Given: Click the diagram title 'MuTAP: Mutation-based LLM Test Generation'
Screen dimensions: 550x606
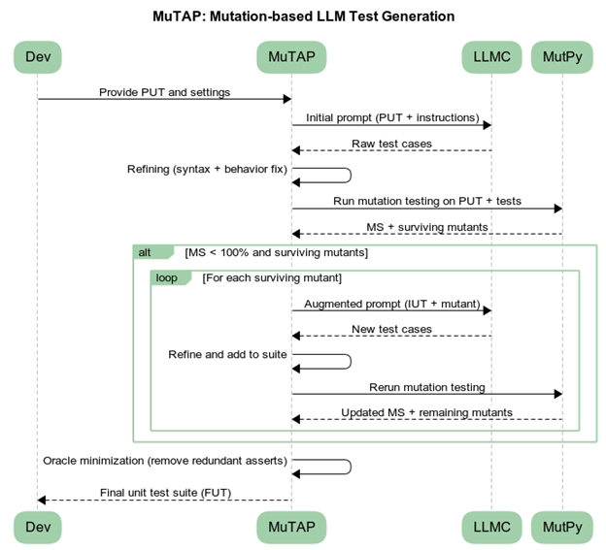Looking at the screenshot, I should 303,16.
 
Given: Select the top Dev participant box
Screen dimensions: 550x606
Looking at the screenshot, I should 37,57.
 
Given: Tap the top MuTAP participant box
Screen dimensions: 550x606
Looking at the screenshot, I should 291,57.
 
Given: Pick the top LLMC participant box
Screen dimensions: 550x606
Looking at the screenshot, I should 491,57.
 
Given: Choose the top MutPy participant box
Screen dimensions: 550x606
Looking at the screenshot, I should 562,57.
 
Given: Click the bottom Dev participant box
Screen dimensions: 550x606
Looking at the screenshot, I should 37,528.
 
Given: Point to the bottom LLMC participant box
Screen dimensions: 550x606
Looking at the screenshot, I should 491,528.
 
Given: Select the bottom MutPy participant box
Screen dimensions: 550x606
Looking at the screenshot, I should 562,528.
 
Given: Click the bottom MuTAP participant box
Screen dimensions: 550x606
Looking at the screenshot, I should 291,528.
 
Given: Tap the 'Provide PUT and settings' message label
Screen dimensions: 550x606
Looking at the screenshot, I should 164,92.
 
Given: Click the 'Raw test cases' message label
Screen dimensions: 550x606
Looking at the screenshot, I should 391,144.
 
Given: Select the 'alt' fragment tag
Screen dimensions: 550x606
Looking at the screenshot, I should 146,252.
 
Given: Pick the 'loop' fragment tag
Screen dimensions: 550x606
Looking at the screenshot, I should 167,277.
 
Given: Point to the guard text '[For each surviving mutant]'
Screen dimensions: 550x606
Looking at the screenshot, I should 271,277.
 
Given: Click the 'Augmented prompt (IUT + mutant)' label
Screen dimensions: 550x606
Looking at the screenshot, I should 391,304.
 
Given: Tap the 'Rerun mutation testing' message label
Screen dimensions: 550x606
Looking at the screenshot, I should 426,387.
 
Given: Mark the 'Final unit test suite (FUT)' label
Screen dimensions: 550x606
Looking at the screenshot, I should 164,493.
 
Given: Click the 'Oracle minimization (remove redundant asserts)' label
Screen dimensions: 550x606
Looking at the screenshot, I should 164,460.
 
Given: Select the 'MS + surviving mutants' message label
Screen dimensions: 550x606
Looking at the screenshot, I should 426,227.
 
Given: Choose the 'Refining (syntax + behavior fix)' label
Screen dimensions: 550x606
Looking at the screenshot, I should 207,169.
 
